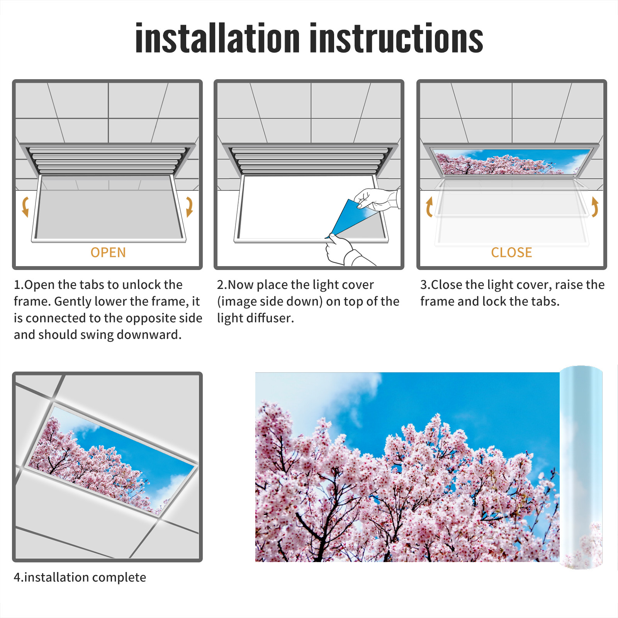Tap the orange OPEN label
[x=108, y=253]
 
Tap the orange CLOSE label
[x=511, y=253]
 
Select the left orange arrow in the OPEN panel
[x=25, y=207]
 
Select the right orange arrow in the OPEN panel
[x=190, y=207]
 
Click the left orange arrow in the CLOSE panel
[x=429, y=207]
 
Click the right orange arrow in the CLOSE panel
[x=595, y=207]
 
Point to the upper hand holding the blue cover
[x=377, y=199]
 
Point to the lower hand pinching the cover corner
[x=344, y=251]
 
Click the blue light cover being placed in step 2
[x=350, y=218]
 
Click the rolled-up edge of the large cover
[x=581, y=467]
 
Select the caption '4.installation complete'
[x=80, y=577]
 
